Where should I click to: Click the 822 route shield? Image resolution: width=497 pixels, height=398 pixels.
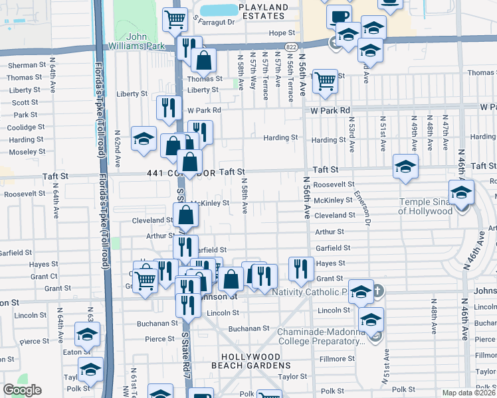point(292,46)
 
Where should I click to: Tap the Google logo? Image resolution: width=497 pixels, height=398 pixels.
point(22,390)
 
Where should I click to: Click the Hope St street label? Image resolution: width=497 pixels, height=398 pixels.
point(281,33)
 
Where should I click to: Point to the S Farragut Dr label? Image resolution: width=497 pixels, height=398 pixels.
point(214,21)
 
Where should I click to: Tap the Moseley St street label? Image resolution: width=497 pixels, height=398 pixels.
point(27,152)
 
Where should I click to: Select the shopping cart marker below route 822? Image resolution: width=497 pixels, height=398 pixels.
point(324,81)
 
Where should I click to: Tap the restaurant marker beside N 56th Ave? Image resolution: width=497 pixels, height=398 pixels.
point(301,267)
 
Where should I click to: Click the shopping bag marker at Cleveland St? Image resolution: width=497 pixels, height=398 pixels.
point(186,214)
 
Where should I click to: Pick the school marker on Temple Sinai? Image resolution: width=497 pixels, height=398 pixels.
point(461,192)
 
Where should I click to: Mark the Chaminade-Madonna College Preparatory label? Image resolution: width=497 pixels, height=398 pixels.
point(322,337)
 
